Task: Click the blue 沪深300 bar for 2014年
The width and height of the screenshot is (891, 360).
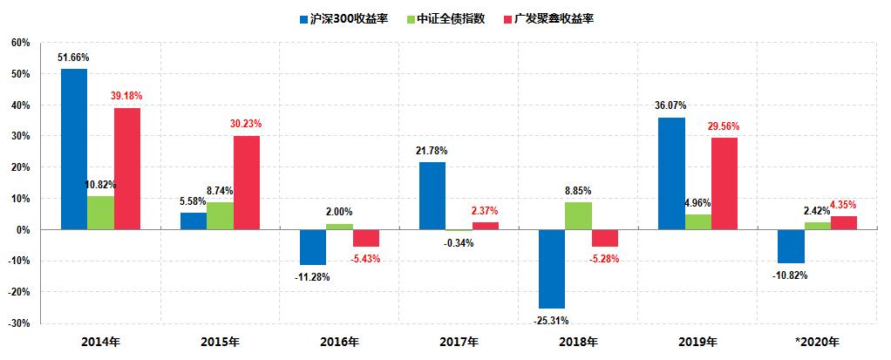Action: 74,148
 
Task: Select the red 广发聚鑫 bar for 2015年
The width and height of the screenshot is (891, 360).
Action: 246,182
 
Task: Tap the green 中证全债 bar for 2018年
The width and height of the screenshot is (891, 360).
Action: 578,215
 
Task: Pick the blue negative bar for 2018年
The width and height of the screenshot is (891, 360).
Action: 552,268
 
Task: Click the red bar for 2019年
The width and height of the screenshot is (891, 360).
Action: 724,183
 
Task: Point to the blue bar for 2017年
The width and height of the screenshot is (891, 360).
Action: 432,195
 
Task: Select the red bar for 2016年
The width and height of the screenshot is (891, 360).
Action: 366,238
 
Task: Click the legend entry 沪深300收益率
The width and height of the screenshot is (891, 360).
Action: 350,17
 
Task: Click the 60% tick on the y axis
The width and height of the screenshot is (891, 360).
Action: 21,43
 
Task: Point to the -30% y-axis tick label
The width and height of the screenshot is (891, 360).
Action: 19,323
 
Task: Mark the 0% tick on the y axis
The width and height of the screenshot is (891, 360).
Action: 24,230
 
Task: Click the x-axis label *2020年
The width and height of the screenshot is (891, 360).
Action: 818,342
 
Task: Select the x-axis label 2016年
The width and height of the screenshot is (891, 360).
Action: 340,342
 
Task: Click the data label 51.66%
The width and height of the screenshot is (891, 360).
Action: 74,58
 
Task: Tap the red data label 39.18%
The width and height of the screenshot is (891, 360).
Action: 127,96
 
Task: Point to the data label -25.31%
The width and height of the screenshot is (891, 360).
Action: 552,320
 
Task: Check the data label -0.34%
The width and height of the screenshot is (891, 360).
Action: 459,243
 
